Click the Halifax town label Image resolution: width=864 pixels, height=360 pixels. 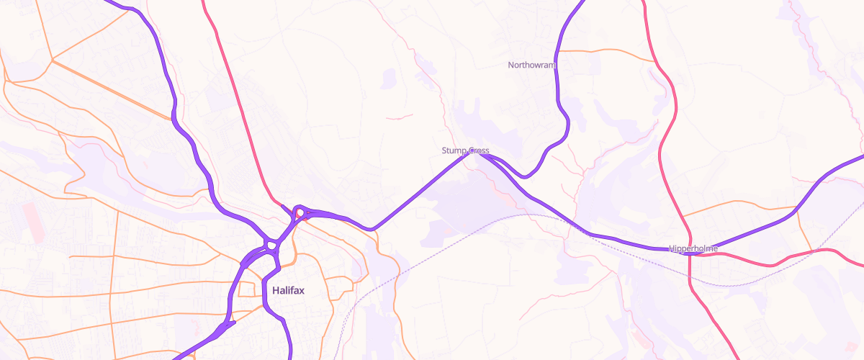click(x=289, y=291)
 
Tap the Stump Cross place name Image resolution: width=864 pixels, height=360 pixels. click(x=465, y=150)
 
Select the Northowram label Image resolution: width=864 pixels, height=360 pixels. click(x=532, y=65)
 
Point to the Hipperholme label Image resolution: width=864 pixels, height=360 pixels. click(x=693, y=248)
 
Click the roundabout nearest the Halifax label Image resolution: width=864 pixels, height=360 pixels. click(x=271, y=246)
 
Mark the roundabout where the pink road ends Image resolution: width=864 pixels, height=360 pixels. click(x=299, y=212)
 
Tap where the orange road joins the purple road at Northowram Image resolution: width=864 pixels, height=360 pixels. click(x=559, y=51)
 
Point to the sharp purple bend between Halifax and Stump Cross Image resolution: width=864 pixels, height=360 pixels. click(x=372, y=228)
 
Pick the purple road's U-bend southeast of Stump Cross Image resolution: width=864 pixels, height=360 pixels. click(x=526, y=176)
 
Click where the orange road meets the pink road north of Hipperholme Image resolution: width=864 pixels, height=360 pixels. click(x=682, y=215)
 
